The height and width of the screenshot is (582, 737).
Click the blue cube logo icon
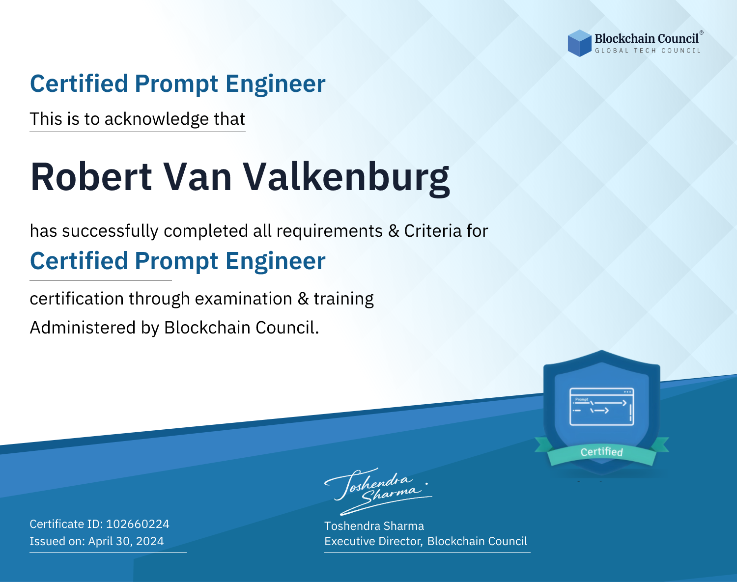tap(579, 43)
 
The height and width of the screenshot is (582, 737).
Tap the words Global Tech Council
tap(648, 51)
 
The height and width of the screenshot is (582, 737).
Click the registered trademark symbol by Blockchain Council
tap(702, 32)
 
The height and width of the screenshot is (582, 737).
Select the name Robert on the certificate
tap(91, 177)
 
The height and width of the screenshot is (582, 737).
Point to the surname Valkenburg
tap(346, 178)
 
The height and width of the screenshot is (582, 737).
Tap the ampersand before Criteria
tap(394, 231)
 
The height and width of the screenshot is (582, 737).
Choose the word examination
tap(244, 299)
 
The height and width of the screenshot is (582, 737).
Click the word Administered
tap(83, 328)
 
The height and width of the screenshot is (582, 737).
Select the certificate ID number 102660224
tap(138, 524)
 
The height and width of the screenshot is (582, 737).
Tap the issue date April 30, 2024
tap(126, 541)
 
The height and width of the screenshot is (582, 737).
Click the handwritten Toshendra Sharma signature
tap(378, 492)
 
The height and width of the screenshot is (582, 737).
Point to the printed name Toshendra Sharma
tap(374, 526)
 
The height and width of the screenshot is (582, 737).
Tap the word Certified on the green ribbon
tap(602, 452)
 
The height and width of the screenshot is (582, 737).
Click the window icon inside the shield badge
tap(602, 407)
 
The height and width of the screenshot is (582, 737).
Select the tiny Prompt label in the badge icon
tap(582, 399)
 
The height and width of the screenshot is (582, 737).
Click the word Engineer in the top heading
tap(275, 84)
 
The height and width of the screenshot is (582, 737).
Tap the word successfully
tap(110, 231)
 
